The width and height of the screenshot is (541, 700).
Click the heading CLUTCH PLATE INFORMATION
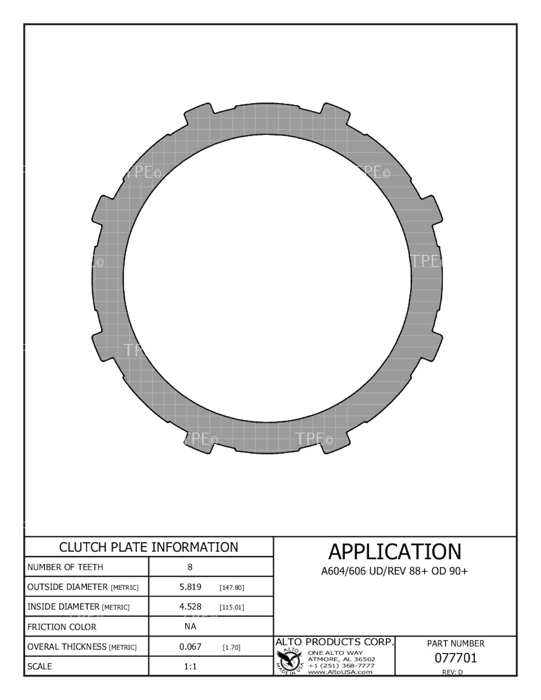(148, 547)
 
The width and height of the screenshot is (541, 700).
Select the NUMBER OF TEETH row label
(65, 567)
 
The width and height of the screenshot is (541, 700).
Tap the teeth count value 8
(190, 567)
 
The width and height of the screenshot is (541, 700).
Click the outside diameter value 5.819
(190, 587)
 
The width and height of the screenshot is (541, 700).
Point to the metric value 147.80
(232, 588)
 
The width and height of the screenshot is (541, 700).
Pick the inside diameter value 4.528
(190, 606)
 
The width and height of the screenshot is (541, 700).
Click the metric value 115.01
(232, 607)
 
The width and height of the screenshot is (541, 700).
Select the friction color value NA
(190, 626)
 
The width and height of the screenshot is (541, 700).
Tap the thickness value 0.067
(190, 646)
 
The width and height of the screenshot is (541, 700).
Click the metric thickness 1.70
(232, 647)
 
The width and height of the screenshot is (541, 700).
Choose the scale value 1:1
(190, 666)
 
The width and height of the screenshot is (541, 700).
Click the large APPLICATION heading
(394, 552)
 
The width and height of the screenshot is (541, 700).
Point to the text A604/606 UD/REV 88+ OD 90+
(394, 571)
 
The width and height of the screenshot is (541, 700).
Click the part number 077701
(456, 658)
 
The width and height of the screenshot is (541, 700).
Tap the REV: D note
(452, 672)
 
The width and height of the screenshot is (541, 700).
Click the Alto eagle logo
(290, 660)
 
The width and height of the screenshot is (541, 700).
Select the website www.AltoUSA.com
(340, 672)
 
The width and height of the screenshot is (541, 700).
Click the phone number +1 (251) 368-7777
(341, 665)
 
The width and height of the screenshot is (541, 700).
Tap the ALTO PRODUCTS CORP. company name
(335, 642)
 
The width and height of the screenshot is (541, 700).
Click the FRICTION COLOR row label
(62, 627)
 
